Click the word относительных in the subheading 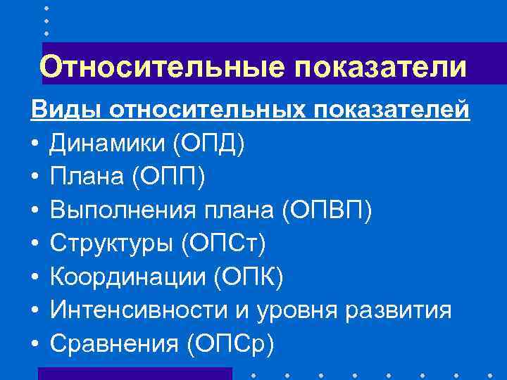click(204, 110)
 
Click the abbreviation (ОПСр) click(230, 343)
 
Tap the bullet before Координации click(34, 277)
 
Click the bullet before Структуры click(34, 244)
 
